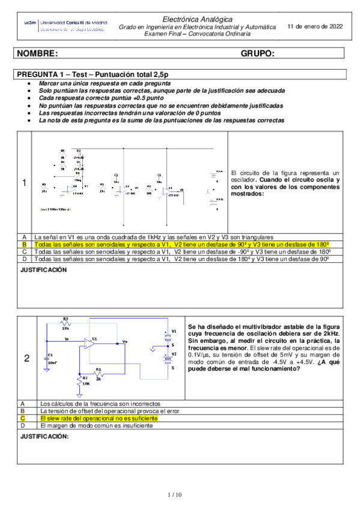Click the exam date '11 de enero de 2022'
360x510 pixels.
(316, 26)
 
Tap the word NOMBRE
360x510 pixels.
(38, 54)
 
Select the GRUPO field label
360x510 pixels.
(257, 54)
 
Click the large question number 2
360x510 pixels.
(26, 359)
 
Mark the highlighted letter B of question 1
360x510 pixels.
(25, 245)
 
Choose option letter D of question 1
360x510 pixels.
(25, 259)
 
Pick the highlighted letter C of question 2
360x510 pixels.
(22, 417)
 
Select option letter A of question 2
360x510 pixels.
(22, 403)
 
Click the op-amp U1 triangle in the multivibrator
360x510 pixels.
(91, 343)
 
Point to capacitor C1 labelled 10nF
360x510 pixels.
(49, 359)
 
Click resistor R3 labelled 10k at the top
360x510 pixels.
(66, 323)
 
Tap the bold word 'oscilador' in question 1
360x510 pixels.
(244, 179)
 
